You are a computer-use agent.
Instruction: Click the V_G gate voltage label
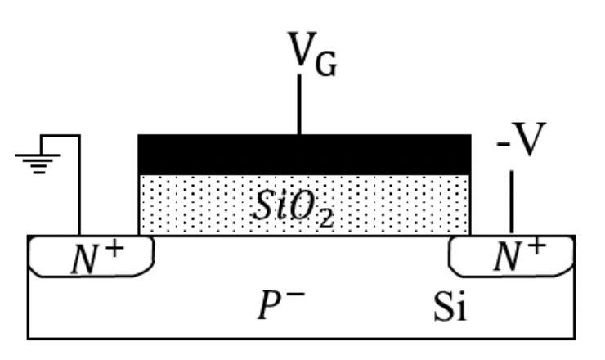[312, 54]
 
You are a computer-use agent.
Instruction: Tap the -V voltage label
[522, 139]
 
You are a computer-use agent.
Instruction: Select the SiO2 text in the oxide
[293, 209]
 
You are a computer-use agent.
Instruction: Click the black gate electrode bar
[304, 155]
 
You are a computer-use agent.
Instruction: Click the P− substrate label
[281, 305]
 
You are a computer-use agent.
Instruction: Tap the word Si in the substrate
[450, 307]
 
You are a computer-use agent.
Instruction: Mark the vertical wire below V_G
[299, 104]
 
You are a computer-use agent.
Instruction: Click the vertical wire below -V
[512, 201]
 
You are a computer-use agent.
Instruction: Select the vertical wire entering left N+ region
[79, 185]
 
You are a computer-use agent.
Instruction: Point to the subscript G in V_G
[326, 64]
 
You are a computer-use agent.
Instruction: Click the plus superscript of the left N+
[115, 250]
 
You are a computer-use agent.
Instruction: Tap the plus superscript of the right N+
[537, 246]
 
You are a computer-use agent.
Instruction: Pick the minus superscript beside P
[296, 295]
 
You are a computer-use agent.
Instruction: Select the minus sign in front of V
[503, 145]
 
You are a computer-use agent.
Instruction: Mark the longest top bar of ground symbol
[38, 155]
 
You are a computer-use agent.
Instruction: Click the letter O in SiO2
[302, 206]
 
